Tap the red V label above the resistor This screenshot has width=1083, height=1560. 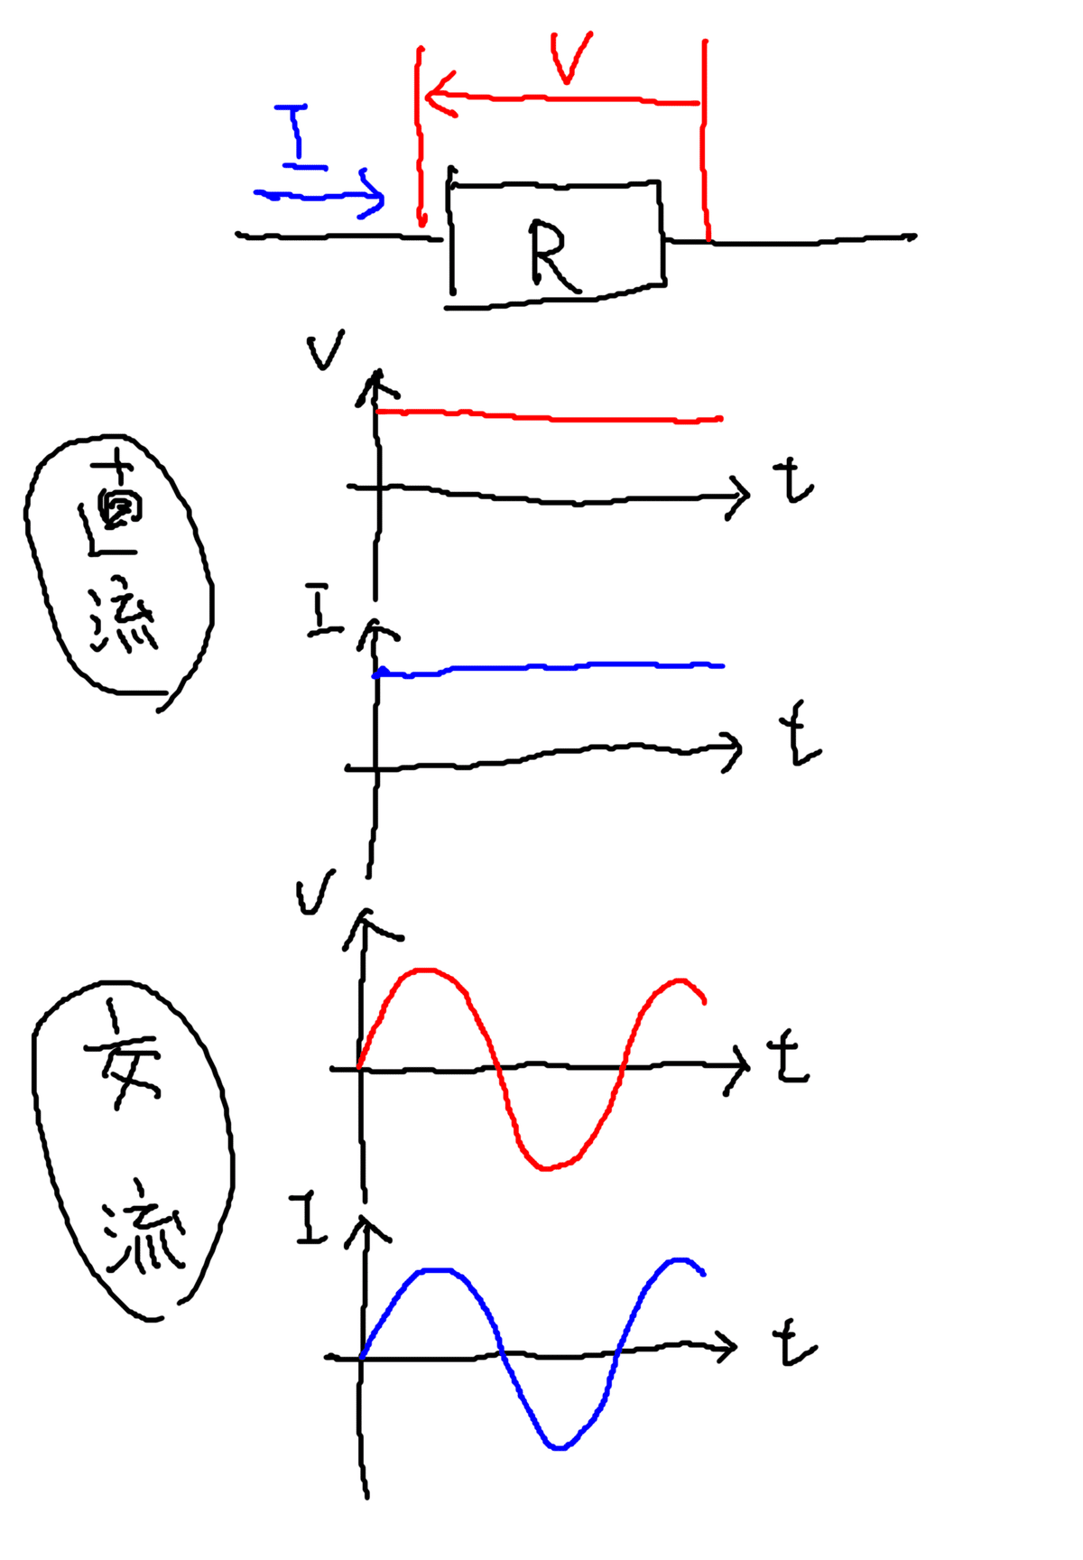pos(569,58)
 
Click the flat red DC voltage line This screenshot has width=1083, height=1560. pos(551,417)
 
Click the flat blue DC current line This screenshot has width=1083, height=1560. pos(551,667)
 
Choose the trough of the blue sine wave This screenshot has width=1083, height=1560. pos(559,1447)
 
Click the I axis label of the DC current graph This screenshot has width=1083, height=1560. pos(319,611)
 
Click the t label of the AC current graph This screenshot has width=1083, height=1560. pos(793,1344)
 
